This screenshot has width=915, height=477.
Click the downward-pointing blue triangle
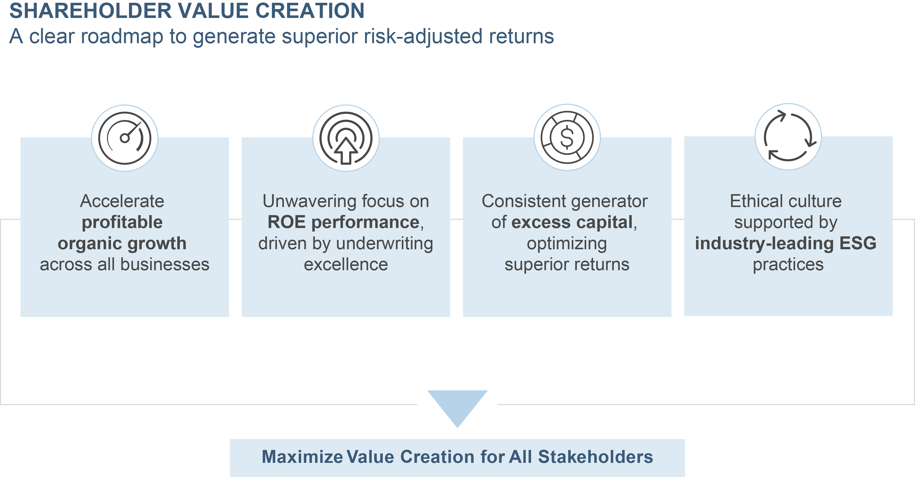point(457,408)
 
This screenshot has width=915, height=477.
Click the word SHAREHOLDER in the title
point(91,10)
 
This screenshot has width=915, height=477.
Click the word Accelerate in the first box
point(122,201)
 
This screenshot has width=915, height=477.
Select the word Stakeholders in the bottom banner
point(596,457)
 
